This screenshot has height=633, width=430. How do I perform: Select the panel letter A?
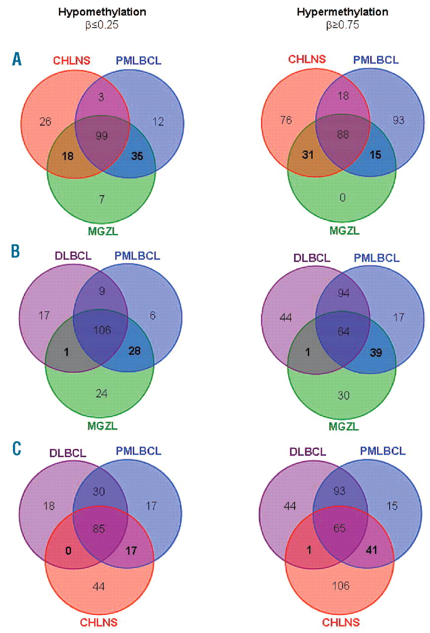pos(17,60)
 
